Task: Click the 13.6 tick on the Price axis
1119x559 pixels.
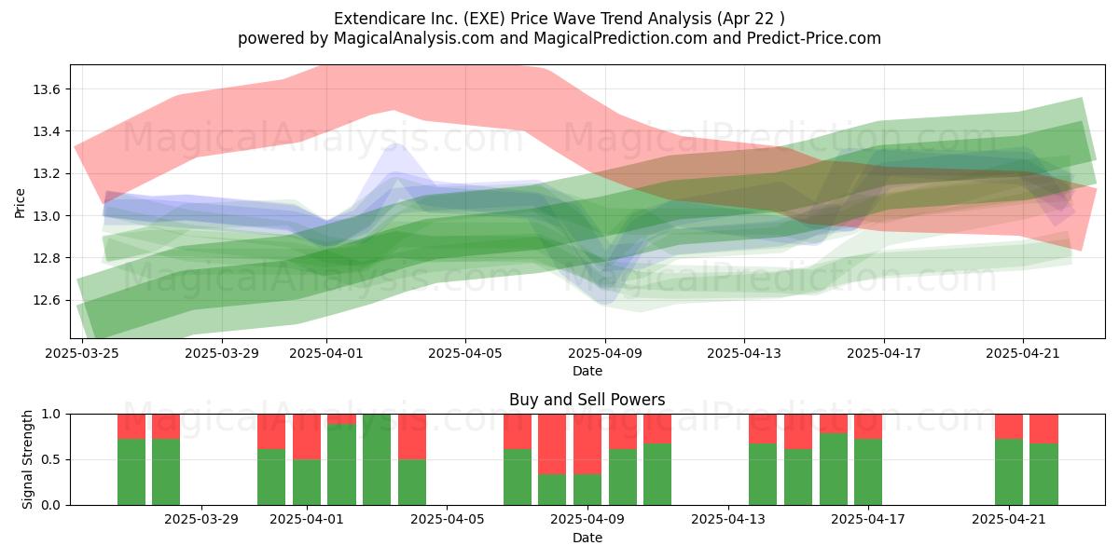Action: tap(46, 89)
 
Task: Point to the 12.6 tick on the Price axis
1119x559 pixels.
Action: tap(46, 300)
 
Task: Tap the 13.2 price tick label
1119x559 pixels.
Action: tap(46, 174)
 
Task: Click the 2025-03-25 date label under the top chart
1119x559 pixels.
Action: tap(82, 353)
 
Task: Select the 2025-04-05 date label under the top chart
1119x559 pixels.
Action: tap(465, 353)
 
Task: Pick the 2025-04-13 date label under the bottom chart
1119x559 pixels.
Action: tap(728, 520)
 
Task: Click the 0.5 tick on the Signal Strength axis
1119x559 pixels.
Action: tap(50, 459)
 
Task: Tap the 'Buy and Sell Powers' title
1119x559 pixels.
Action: tap(587, 400)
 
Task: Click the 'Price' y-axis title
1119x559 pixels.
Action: tap(20, 204)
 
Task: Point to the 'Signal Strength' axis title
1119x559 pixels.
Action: tap(27, 459)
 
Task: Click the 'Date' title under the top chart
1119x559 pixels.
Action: tap(587, 372)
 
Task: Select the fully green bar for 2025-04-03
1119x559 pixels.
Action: tap(377, 459)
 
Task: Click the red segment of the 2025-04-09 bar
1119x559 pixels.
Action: tap(587, 444)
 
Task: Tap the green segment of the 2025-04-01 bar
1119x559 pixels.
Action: tap(307, 483)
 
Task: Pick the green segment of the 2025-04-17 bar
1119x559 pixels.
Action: tap(868, 472)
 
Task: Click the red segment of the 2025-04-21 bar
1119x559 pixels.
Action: tap(1009, 427)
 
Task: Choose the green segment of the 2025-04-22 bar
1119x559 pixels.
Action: tap(1044, 474)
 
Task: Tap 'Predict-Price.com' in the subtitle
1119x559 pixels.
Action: tap(814, 38)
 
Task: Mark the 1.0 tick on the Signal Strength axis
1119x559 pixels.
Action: tap(50, 415)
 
